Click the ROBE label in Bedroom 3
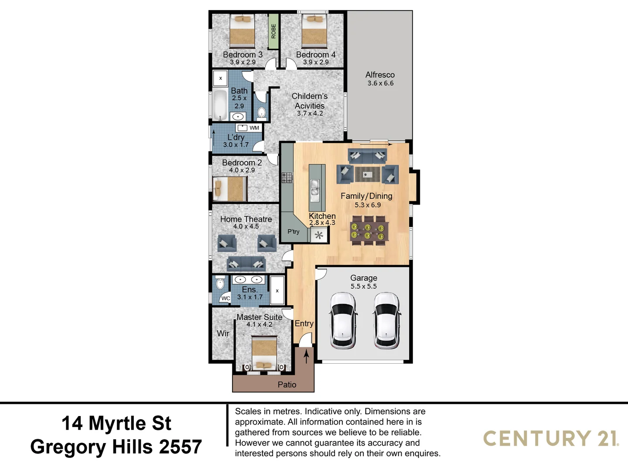273,31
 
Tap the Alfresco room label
380,75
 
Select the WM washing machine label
254,128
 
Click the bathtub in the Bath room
219,105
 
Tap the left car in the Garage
343,321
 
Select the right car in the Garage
387,321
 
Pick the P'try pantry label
294,232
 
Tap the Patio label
287,385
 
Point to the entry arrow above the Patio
307,356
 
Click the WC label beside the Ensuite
225,298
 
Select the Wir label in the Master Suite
223,333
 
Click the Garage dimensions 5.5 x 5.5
364,287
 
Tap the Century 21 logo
551,438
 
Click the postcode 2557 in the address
180,447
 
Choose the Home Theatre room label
246,219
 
